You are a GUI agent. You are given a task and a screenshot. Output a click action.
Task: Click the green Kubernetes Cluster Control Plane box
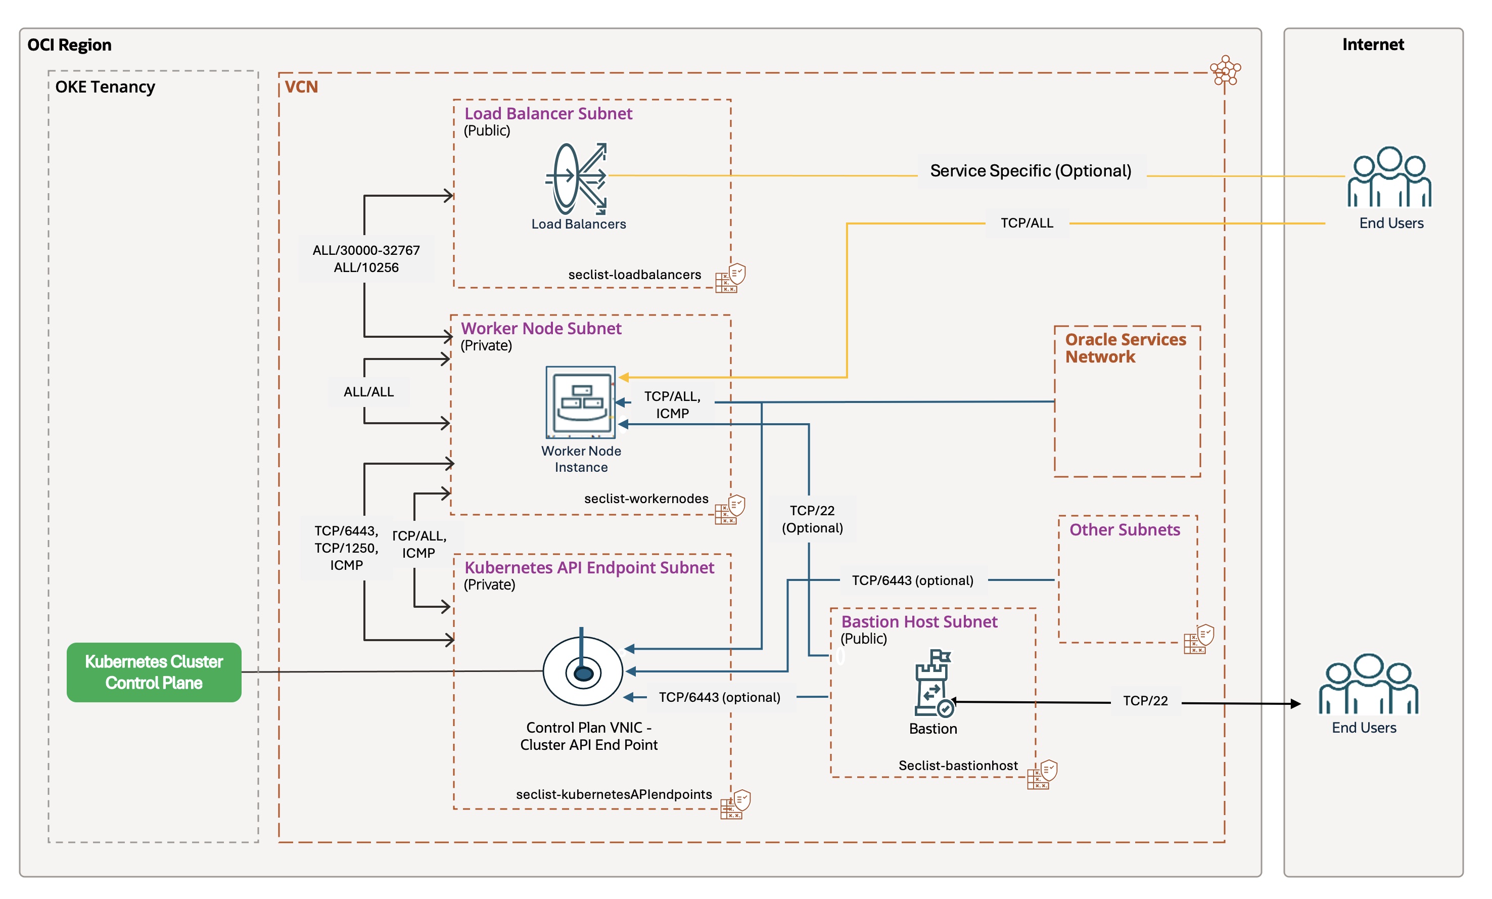tap(154, 672)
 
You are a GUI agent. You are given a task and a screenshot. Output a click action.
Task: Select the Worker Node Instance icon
tap(581, 401)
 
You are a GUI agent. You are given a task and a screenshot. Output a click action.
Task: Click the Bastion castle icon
tap(933, 683)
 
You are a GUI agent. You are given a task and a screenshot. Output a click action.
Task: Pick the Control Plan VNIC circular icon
tap(583, 670)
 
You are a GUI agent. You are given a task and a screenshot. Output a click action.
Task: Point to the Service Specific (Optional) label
tap(1031, 171)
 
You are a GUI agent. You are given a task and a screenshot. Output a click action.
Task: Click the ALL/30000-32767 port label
tap(366, 251)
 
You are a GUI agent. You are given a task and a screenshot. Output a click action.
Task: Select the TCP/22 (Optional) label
tap(812, 519)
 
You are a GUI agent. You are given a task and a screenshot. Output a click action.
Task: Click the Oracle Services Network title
tap(1125, 348)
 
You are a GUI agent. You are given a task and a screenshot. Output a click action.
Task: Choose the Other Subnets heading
tap(1125, 530)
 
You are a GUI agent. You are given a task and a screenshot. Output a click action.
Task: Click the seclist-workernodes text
tap(646, 499)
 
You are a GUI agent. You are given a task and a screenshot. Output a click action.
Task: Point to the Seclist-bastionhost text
tap(958, 766)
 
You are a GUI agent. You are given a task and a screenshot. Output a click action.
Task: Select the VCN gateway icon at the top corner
tap(1225, 71)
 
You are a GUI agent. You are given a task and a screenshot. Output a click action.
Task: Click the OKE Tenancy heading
tap(105, 87)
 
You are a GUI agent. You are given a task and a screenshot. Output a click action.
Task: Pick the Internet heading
tap(1373, 45)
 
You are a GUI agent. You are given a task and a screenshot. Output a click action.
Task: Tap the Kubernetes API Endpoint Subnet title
tap(589, 568)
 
